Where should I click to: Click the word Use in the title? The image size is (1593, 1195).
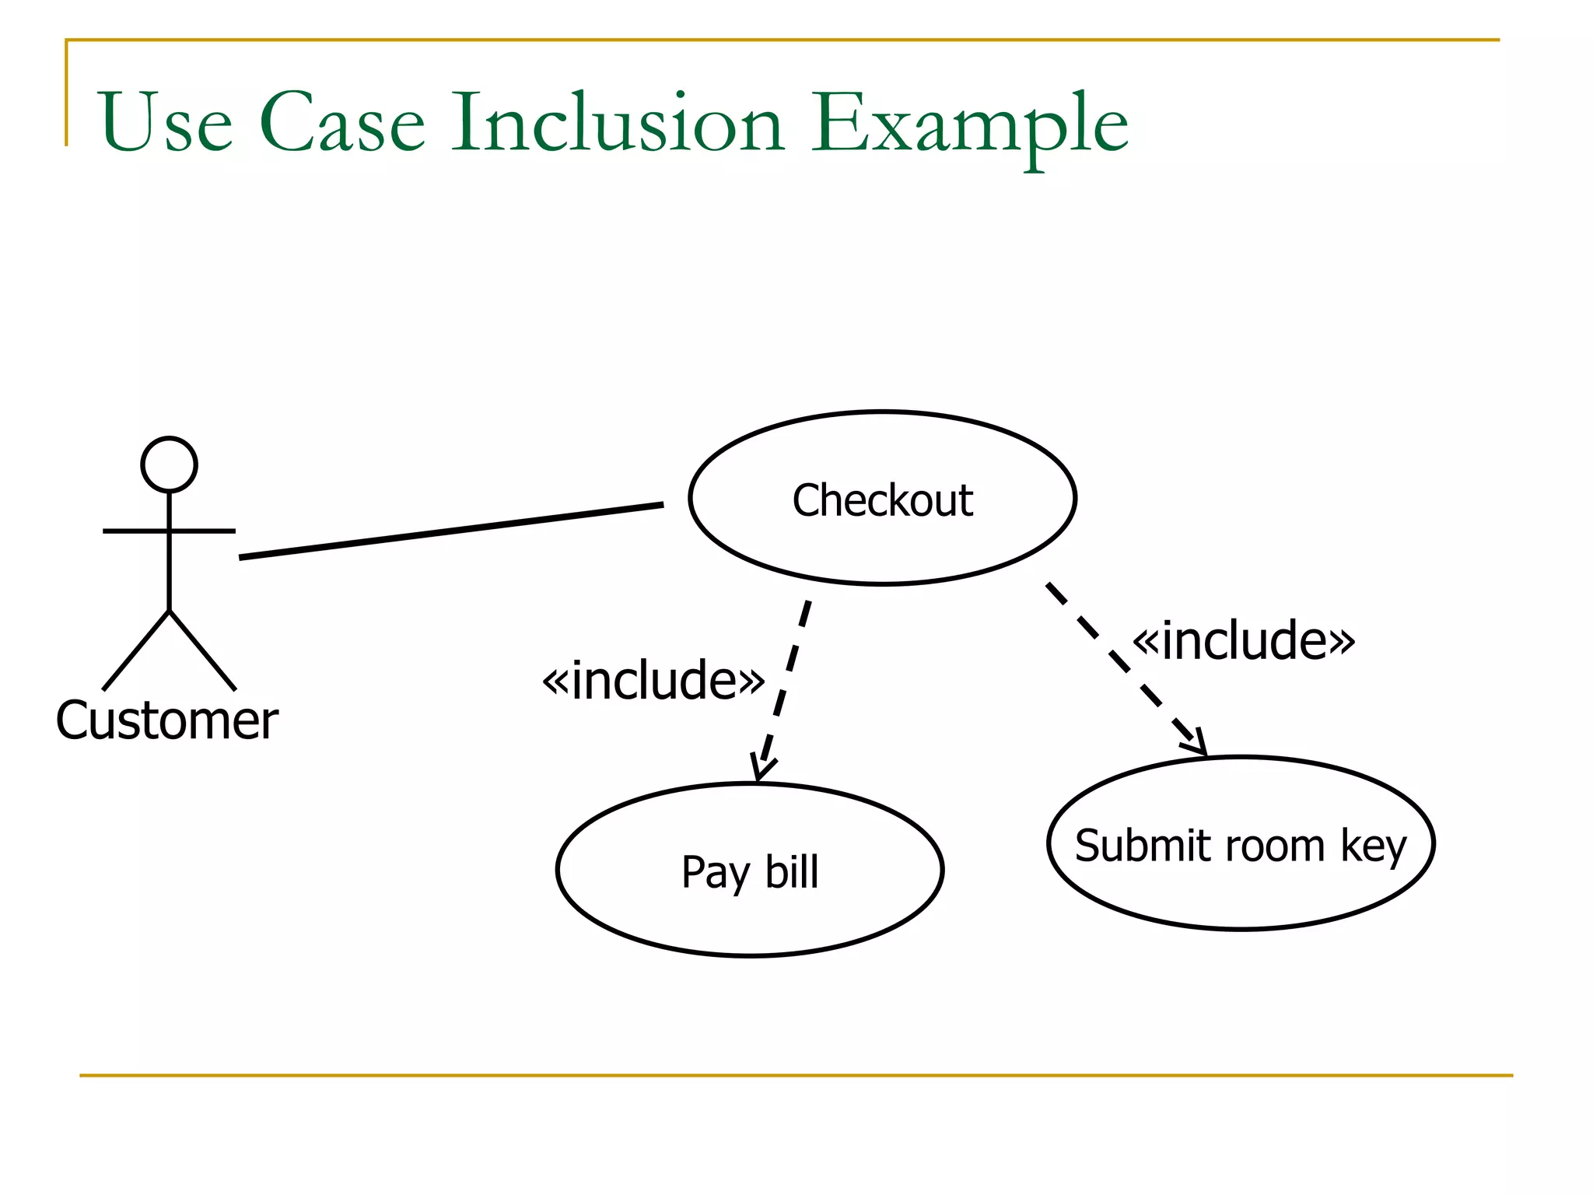click(x=166, y=122)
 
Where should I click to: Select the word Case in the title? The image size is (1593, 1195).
click(x=342, y=122)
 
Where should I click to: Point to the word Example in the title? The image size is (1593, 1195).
click(x=969, y=124)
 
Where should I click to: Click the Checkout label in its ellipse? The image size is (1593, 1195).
click(x=882, y=499)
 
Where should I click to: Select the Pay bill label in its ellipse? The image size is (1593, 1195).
click(x=750, y=871)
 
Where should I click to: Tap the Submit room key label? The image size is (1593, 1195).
click(x=1240, y=846)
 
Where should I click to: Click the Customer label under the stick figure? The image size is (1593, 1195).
click(x=166, y=720)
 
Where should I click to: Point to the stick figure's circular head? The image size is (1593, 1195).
click(x=169, y=464)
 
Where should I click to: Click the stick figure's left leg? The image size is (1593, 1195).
click(x=135, y=651)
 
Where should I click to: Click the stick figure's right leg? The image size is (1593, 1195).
click(x=202, y=651)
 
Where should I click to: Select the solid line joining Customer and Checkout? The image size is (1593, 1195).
click(x=451, y=531)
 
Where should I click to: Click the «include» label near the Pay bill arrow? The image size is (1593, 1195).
click(x=653, y=680)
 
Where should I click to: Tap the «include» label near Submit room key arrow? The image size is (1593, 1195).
click(x=1243, y=641)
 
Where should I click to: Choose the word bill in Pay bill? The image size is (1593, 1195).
click(x=792, y=871)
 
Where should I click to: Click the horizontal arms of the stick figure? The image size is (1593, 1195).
click(x=169, y=531)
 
